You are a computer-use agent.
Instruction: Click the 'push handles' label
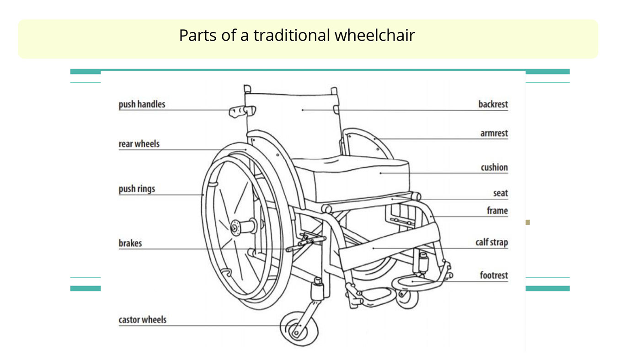[x=142, y=104]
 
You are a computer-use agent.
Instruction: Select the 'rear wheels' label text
[x=139, y=144]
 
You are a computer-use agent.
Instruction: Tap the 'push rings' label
[x=137, y=189]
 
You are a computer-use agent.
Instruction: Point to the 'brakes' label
[x=130, y=243]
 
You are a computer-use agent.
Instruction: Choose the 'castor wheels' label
[x=142, y=320]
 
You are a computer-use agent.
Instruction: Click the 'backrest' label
[x=493, y=104]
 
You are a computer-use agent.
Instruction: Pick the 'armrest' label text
[x=494, y=133]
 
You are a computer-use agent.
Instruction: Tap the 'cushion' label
[x=494, y=168]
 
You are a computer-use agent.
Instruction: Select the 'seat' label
[x=500, y=193]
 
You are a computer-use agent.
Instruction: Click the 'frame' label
[x=497, y=211]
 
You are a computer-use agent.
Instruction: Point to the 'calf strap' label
[x=491, y=242]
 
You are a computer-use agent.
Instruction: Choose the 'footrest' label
[x=494, y=275]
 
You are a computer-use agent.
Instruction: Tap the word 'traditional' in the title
[x=291, y=35]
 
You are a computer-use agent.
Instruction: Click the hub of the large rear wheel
[x=236, y=226]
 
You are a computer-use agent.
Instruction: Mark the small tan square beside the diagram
[x=528, y=222]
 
